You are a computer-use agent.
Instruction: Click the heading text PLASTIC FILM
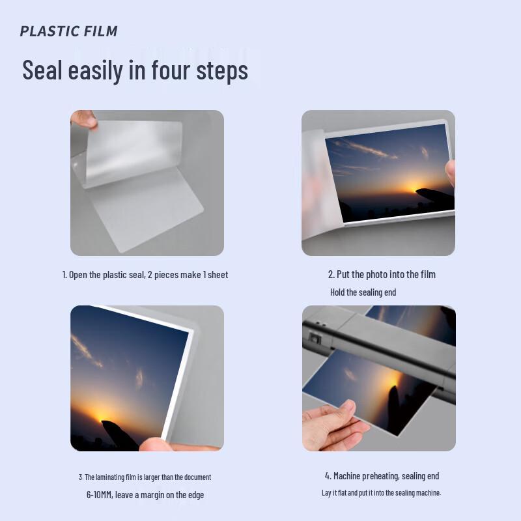click(68, 31)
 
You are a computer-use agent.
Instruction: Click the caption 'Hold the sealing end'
click(363, 292)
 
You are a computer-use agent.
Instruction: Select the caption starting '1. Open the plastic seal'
click(145, 275)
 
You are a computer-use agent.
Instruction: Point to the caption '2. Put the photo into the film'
click(382, 275)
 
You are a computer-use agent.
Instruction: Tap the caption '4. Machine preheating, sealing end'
click(382, 476)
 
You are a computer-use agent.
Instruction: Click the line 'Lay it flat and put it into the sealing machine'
click(381, 493)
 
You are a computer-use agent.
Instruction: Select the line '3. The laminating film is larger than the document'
click(145, 477)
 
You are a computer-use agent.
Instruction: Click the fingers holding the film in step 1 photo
click(84, 119)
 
